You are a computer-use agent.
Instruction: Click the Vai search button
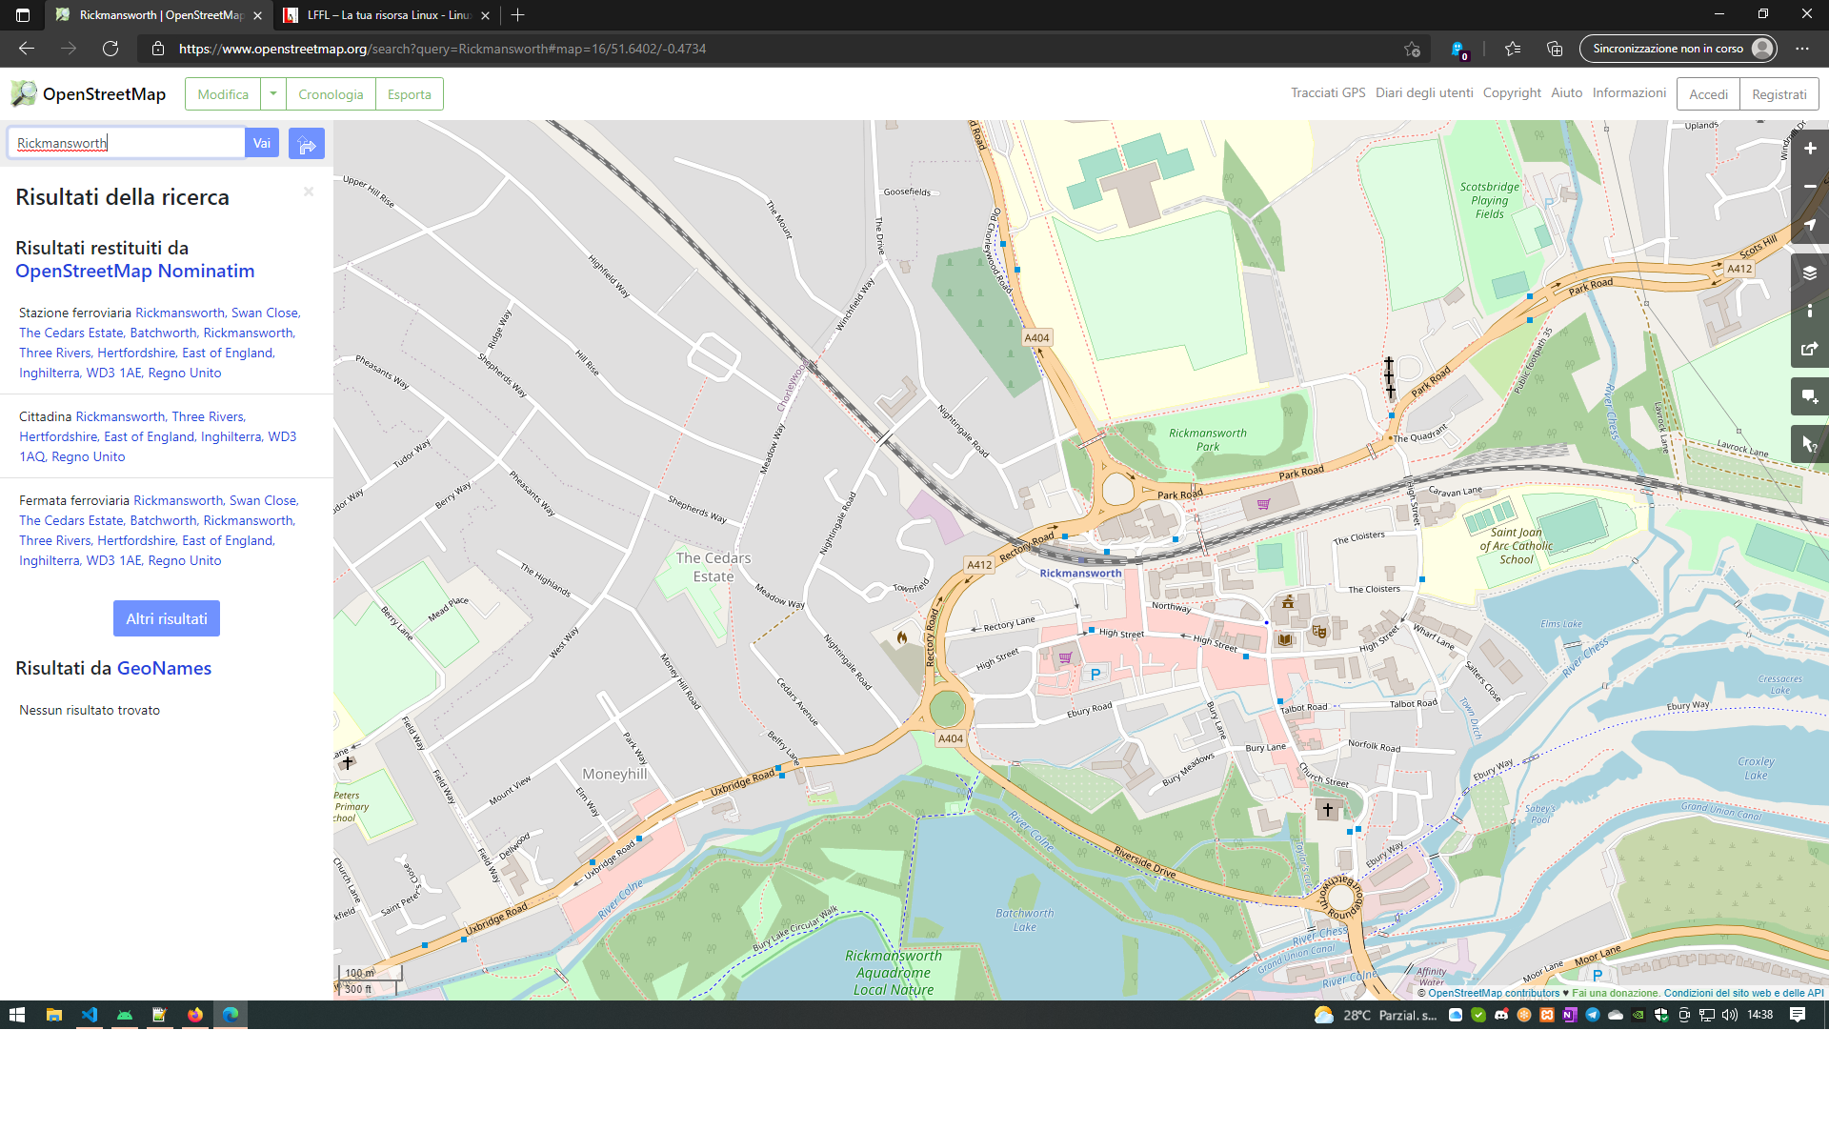click(261, 143)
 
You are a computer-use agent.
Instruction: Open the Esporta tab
click(409, 94)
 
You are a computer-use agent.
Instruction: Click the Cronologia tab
click(331, 94)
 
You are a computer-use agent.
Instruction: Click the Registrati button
click(1779, 94)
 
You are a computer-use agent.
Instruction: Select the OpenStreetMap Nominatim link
click(134, 271)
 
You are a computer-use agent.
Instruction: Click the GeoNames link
click(164, 668)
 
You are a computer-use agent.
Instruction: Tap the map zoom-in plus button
click(1809, 149)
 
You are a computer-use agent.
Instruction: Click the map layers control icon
click(1809, 273)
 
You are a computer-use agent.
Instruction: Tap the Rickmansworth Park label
click(1207, 439)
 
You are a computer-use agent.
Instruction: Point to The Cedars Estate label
click(714, 567)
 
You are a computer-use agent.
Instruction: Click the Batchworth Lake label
click(1024, 919)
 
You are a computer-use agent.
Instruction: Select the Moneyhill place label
click(614, 774)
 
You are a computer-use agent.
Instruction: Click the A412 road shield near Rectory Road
click(979, 564)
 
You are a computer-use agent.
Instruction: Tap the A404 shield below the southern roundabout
click(950, 738)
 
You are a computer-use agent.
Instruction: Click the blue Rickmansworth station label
click(1080, 573)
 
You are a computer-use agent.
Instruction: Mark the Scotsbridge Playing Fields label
click(1489, 200)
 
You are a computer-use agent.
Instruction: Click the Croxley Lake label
click(1755, 768)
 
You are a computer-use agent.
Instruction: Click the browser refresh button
click(111, 49)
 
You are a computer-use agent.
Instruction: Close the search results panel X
click(309, 192)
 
